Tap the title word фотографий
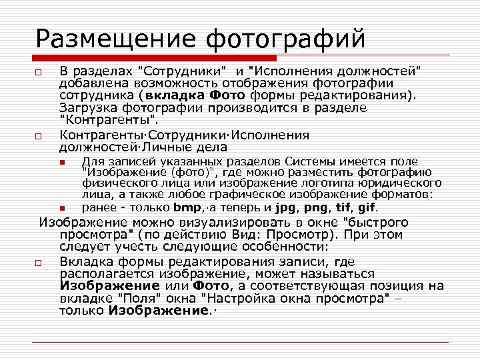tap(286, 39)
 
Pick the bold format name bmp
tap(186, 208)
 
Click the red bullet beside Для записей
tap(61, 163)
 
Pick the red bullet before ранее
tap(61, 209)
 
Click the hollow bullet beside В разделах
tap(39, 71)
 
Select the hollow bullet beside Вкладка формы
tap(39, 263)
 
